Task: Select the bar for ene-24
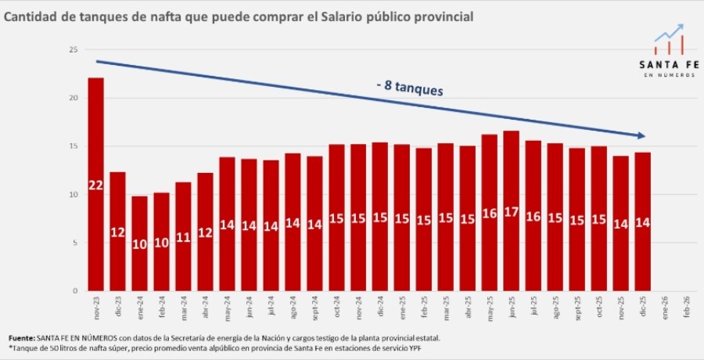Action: pyautogui.click(x=139, y=243)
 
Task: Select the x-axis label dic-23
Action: pyautogui.click(x=117, y=306)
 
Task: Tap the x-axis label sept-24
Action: pyautogui.click(x=314, y=308)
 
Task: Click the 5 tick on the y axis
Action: pyautogui.click(x=74, y=243)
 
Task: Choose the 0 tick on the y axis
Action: pyautogui.click(x=74, y=290)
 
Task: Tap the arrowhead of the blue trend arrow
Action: pyautogui.click(x=641, y=135)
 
